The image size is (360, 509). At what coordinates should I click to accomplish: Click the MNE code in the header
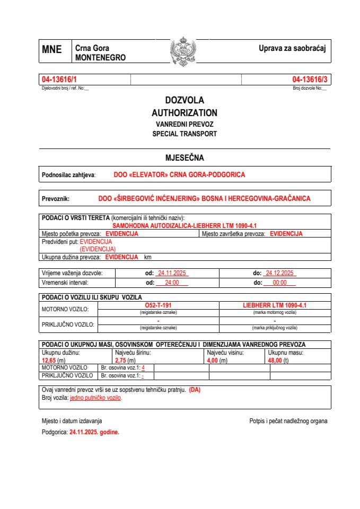pyautogui.click(x=51, y=50)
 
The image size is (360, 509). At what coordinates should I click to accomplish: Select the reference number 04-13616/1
pyautogui.click(x=59, y=80)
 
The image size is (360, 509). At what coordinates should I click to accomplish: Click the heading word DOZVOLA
pyautogui.click(x=184, y=100)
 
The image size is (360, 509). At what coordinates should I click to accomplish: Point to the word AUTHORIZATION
pyautogui.click(x=184, y=112)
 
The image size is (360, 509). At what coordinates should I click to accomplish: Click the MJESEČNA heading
pyautogui.click(x=184, y=157)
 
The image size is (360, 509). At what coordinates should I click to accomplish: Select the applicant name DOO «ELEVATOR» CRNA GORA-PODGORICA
pyautogui.click(x=179, y=174)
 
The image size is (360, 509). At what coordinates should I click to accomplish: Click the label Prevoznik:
pyautogui.click(x=56, y=199)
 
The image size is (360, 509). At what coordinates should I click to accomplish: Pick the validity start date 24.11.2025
pyautogui.click(x=173, y=273)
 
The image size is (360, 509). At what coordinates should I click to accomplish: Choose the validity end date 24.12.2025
pyautogui.click(x=280, y=273)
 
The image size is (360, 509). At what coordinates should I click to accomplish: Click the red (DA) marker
pyautogui.click(x=195, y=390)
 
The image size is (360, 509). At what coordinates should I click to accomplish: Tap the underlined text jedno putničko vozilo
pyautogui.click(x=95, y=398)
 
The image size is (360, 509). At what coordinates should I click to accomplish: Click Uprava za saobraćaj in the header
pyautogui.click(x=292, y=48)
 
